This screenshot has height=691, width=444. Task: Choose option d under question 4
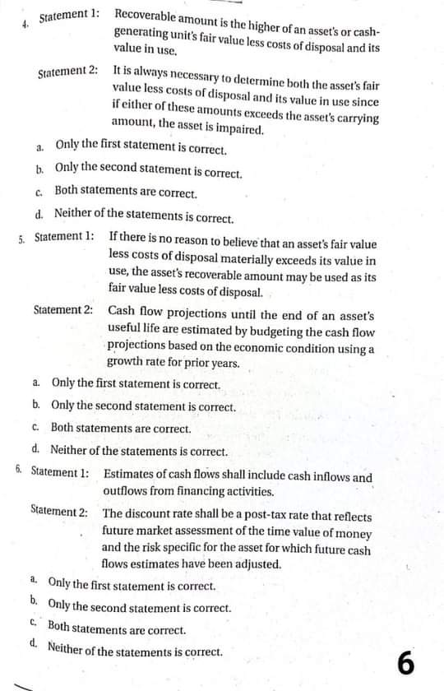40,214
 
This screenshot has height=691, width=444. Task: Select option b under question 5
38,406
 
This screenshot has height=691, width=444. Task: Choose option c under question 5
38,429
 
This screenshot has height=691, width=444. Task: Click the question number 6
19,470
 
